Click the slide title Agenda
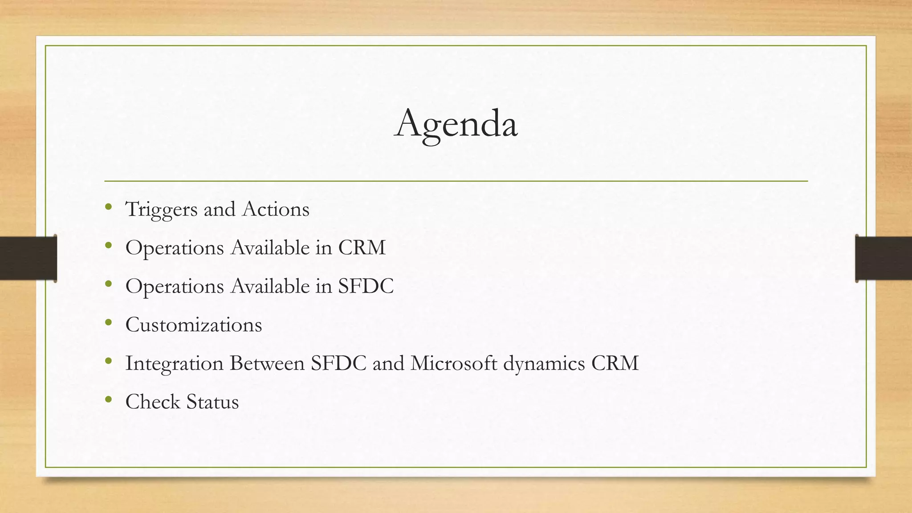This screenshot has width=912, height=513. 456,124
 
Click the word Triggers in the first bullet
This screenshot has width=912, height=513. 161,209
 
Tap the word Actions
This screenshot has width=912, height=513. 276,209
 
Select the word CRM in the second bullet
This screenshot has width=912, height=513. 362,248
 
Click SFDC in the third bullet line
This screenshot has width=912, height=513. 366,286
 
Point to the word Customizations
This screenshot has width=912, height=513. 194,325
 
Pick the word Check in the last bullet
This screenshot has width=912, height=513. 152,402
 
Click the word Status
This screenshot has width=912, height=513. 212,402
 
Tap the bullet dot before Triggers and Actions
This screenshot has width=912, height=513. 108,207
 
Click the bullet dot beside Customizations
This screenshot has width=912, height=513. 108,322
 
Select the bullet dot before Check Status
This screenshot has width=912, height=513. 108,399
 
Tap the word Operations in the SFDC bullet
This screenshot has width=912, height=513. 175,286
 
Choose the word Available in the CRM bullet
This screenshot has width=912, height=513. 270,248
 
